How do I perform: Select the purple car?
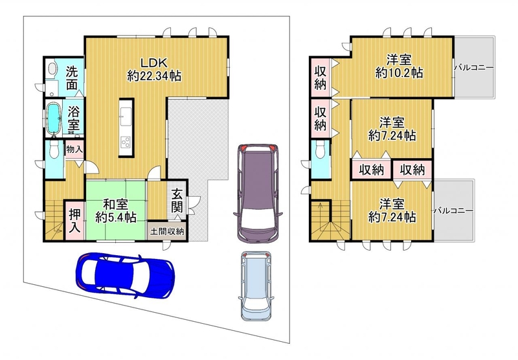258,194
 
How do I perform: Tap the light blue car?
256,286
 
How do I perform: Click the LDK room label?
154,62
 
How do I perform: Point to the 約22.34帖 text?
154,76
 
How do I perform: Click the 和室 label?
115,205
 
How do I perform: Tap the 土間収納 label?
167,231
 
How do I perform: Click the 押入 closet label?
74,221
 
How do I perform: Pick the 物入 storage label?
74,149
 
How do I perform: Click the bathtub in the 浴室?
53,118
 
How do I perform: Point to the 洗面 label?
72,78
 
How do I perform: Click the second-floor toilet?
320,150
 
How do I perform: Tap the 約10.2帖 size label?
399,73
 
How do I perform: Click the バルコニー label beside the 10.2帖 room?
474,67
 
